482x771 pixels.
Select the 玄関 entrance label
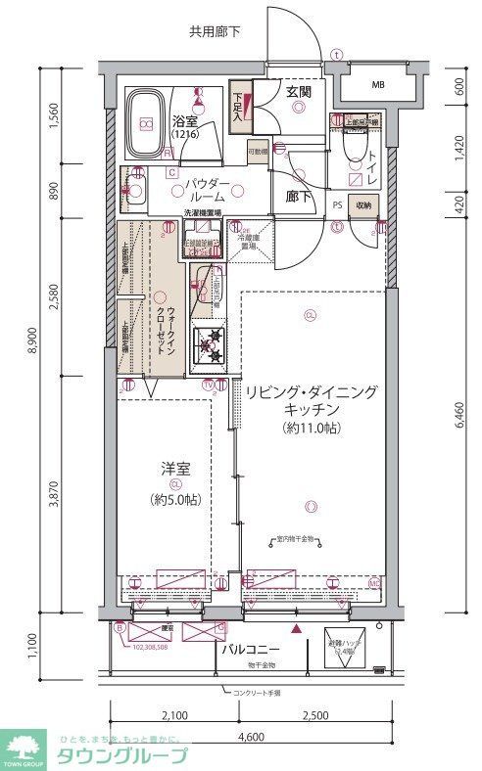[298, 92]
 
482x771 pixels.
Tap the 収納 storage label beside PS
[363, 205]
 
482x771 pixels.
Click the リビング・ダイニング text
[311, 391]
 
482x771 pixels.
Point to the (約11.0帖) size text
[311, 429]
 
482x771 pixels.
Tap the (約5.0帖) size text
[175, 500]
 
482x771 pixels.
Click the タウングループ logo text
[123, 754]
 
